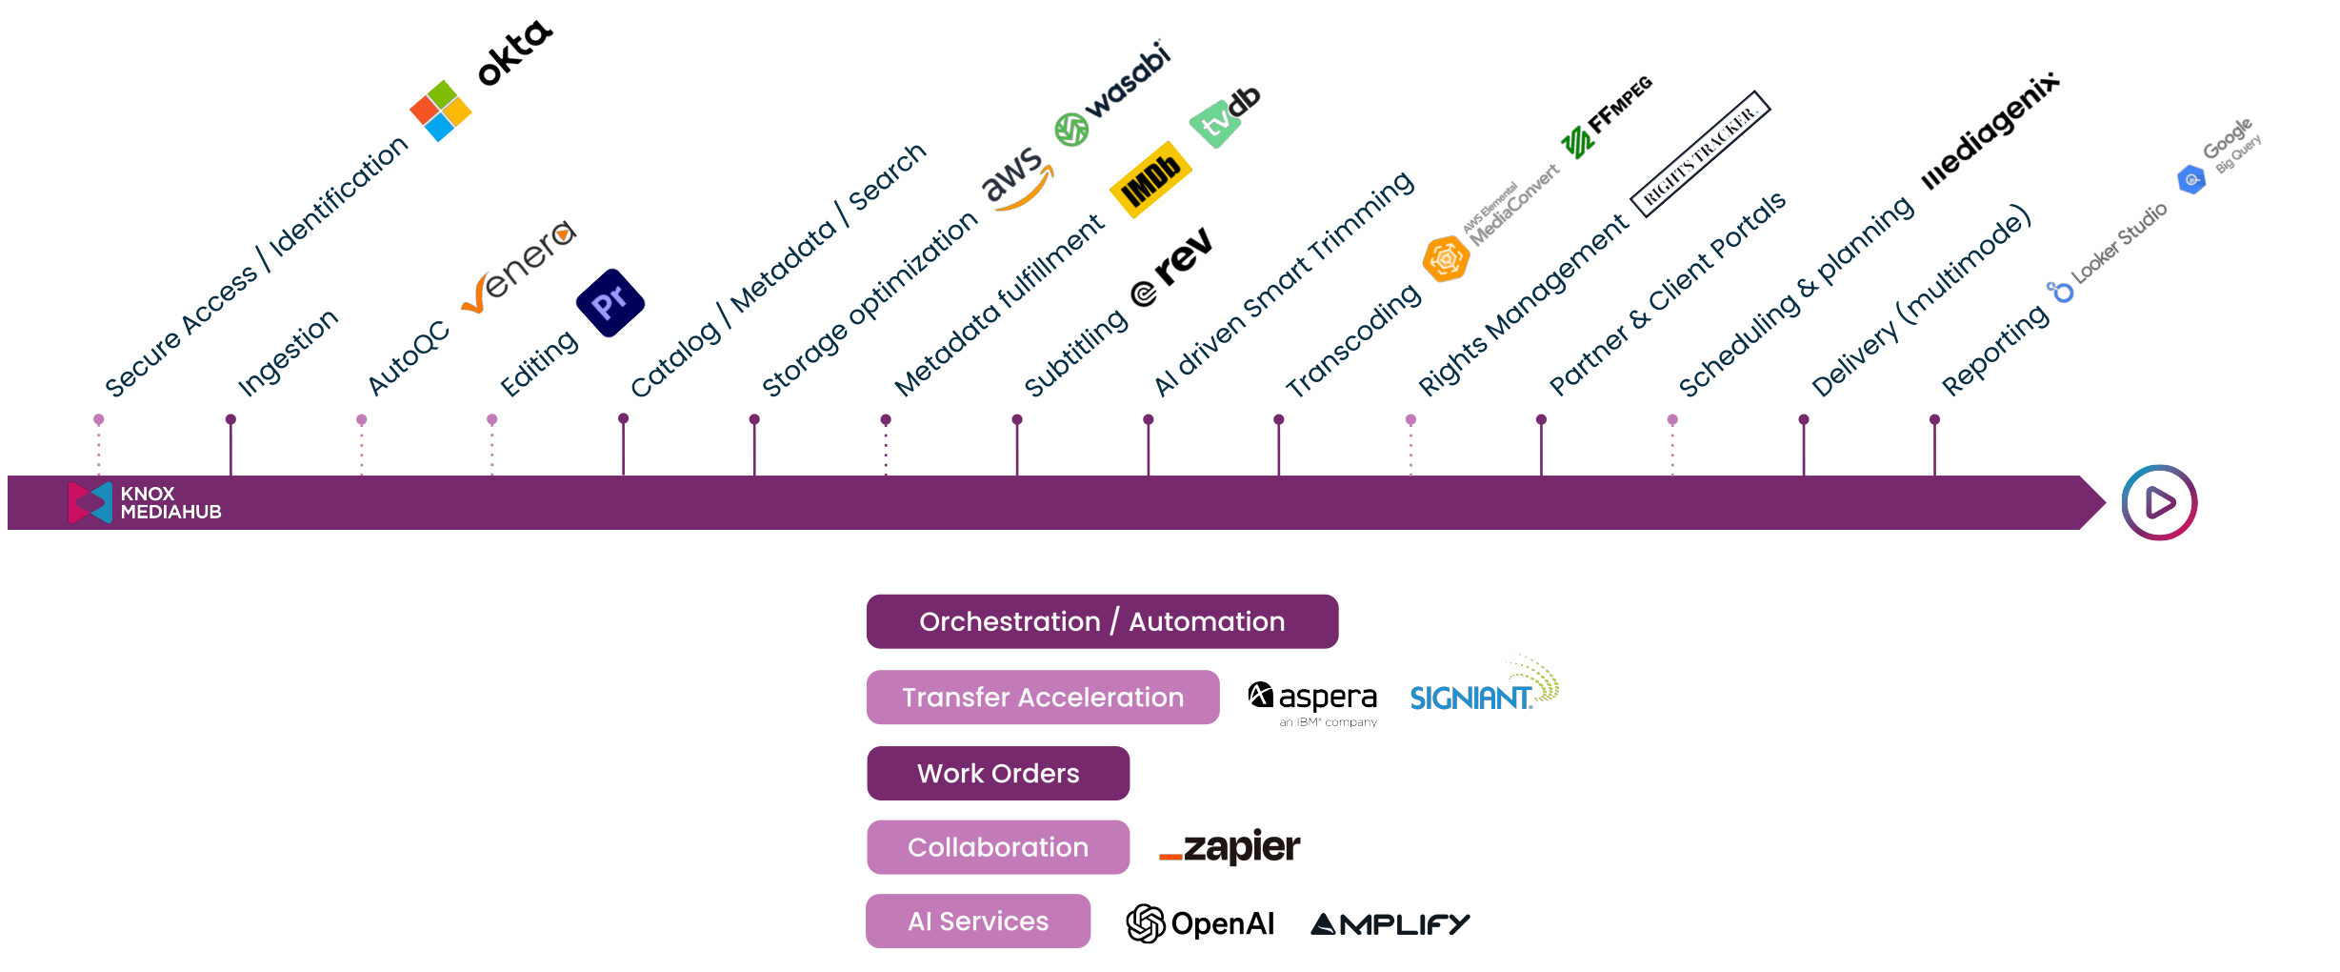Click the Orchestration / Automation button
pyautogui.click(x=1102, y=621)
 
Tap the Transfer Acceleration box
pyautogui.click(x=1042, y=698)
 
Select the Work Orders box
pyautogui.click(x=997, y=773)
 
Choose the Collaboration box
pyautogui.click(x=997, y=847)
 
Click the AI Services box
pyautogui.click(x=978, y=921)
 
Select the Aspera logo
pyautogui.click(x=1314, y=700)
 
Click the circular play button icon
pyautogui.click(x=2158, y=502)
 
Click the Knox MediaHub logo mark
pyautogui.click(x=90, y=502)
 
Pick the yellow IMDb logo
pyautogui.click(x=1150, y=179)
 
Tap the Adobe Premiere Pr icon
pyautogui.click(x=610, y=303)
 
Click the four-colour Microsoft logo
pyautogui.click(x=440, y=111)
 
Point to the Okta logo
pyautogui.click(x=514, y=53)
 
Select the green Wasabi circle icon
pyautogui.click(x=1071, y=130)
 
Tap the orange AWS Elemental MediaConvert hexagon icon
pyautogui.click(x=1446, y=259)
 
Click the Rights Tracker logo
pyautogui.click(x=1700, y=152)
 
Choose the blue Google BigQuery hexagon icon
pyautogui.click(x=2191, y=179)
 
